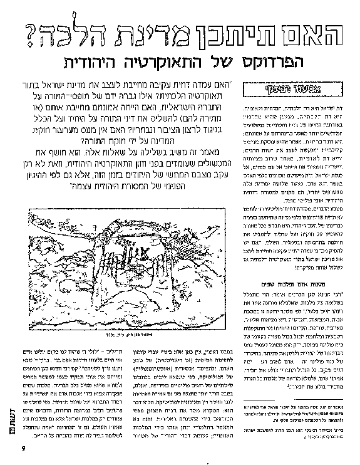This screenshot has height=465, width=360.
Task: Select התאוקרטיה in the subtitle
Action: click(x=163, y=63)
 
